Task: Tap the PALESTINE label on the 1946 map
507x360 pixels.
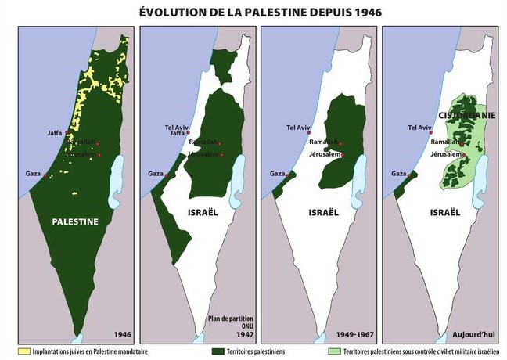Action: [75, 221]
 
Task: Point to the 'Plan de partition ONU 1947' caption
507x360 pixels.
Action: [232, 325]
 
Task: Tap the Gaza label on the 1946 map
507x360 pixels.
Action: [33, 173]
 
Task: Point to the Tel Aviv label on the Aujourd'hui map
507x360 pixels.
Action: [420, 127]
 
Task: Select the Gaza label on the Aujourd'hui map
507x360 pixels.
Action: [398, 173]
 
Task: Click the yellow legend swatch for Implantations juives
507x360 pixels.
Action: [12, 352]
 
